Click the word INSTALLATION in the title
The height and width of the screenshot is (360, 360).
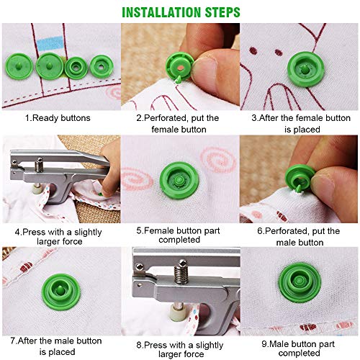tap(162, 12)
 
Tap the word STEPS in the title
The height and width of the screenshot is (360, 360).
tap(222, 12)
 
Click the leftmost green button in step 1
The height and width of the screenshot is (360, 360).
tap(19, 66)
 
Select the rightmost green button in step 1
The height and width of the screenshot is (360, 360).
tap(102, 67)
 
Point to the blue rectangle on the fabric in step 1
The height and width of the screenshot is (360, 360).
tap(50, 43)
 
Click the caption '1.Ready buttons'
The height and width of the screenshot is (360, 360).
tap(58, 118)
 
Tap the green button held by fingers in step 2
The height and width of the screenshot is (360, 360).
tap(179, 67)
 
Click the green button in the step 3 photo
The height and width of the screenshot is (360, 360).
tap(306, 69)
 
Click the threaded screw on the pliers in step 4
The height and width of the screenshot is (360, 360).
tap(39, 165)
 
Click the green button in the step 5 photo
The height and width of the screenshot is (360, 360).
tap(179, 180)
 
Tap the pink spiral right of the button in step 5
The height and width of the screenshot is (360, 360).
tap(218, 160)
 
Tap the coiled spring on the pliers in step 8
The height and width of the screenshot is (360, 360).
tap(181, 274)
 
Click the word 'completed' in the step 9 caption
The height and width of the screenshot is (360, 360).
tap(299, 353)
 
